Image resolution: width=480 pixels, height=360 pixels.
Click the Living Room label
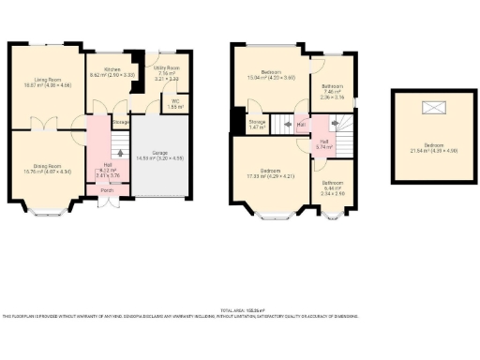[47, 82]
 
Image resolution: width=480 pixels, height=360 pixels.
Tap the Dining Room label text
[46, 167]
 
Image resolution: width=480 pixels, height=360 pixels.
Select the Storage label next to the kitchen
[121, 121]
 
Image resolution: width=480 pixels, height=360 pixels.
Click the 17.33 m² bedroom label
[270, 172]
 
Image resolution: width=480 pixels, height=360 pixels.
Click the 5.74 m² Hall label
[324, 143]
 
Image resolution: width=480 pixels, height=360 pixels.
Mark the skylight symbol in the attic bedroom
[434, 108]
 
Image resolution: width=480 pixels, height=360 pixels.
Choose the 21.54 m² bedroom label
[434, 146]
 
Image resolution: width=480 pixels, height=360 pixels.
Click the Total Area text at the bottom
[242, 310]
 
